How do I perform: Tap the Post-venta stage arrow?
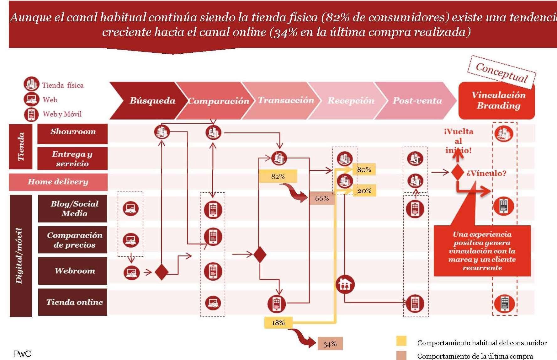tap(416, 100)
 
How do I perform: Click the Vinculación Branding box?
tap(497, 100)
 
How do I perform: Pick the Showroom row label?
tap(72, 132)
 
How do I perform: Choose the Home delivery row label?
tap(58, 182)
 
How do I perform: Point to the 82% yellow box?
tap(278, 176)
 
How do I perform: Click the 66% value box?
tap(322, 198)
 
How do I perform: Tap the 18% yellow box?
tap(278, 323)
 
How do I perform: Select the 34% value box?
tap(330, 344)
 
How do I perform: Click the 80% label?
tap(364, 169)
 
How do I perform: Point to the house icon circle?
tap(345, 284)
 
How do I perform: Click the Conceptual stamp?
tap(501, 73)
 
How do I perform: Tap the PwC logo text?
tap(22, 354)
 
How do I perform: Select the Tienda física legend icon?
tap(31, 84)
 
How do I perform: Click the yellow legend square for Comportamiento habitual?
tap(401, 341)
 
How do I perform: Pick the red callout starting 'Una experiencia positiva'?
tap(482, 251)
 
